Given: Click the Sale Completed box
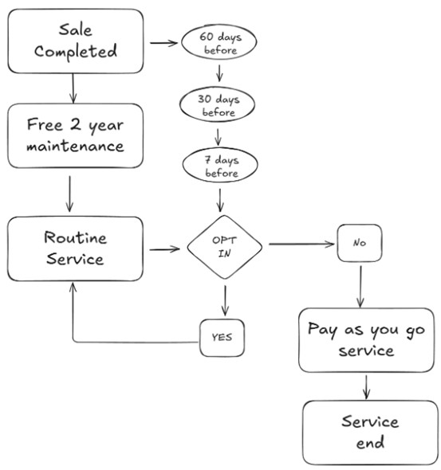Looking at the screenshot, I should pyautogui.click(x=76, y=41).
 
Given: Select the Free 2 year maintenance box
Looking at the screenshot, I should pyautogui.click(x=76, y=135).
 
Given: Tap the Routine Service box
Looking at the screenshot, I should pyautogui.click(x=76, y=249).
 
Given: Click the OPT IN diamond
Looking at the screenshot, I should pyautogui.click(x=224, y=247).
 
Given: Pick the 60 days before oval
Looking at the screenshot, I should pyautogui.click(x=219, y=43).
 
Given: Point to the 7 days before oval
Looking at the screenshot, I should pyautogui.click(x=219, y=165).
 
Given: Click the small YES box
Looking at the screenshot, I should pyautogui.click(x=222, y=337).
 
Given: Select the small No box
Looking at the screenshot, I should pyautogui.click(x=359, y=243).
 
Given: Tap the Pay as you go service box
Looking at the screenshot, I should pyautogui.click(x=366, y=340).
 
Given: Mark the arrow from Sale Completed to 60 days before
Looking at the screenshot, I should pyautogui.click(x=163, y=43).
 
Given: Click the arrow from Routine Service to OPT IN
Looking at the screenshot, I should pyautogui.click(x=164, y=249).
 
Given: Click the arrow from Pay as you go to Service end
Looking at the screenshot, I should pyautogui.click(x=368, y=386).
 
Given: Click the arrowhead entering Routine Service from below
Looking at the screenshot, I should pyautogui.click(x=74, y=292).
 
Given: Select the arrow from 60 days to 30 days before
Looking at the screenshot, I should pyautogui.click(x=219, y=74).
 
